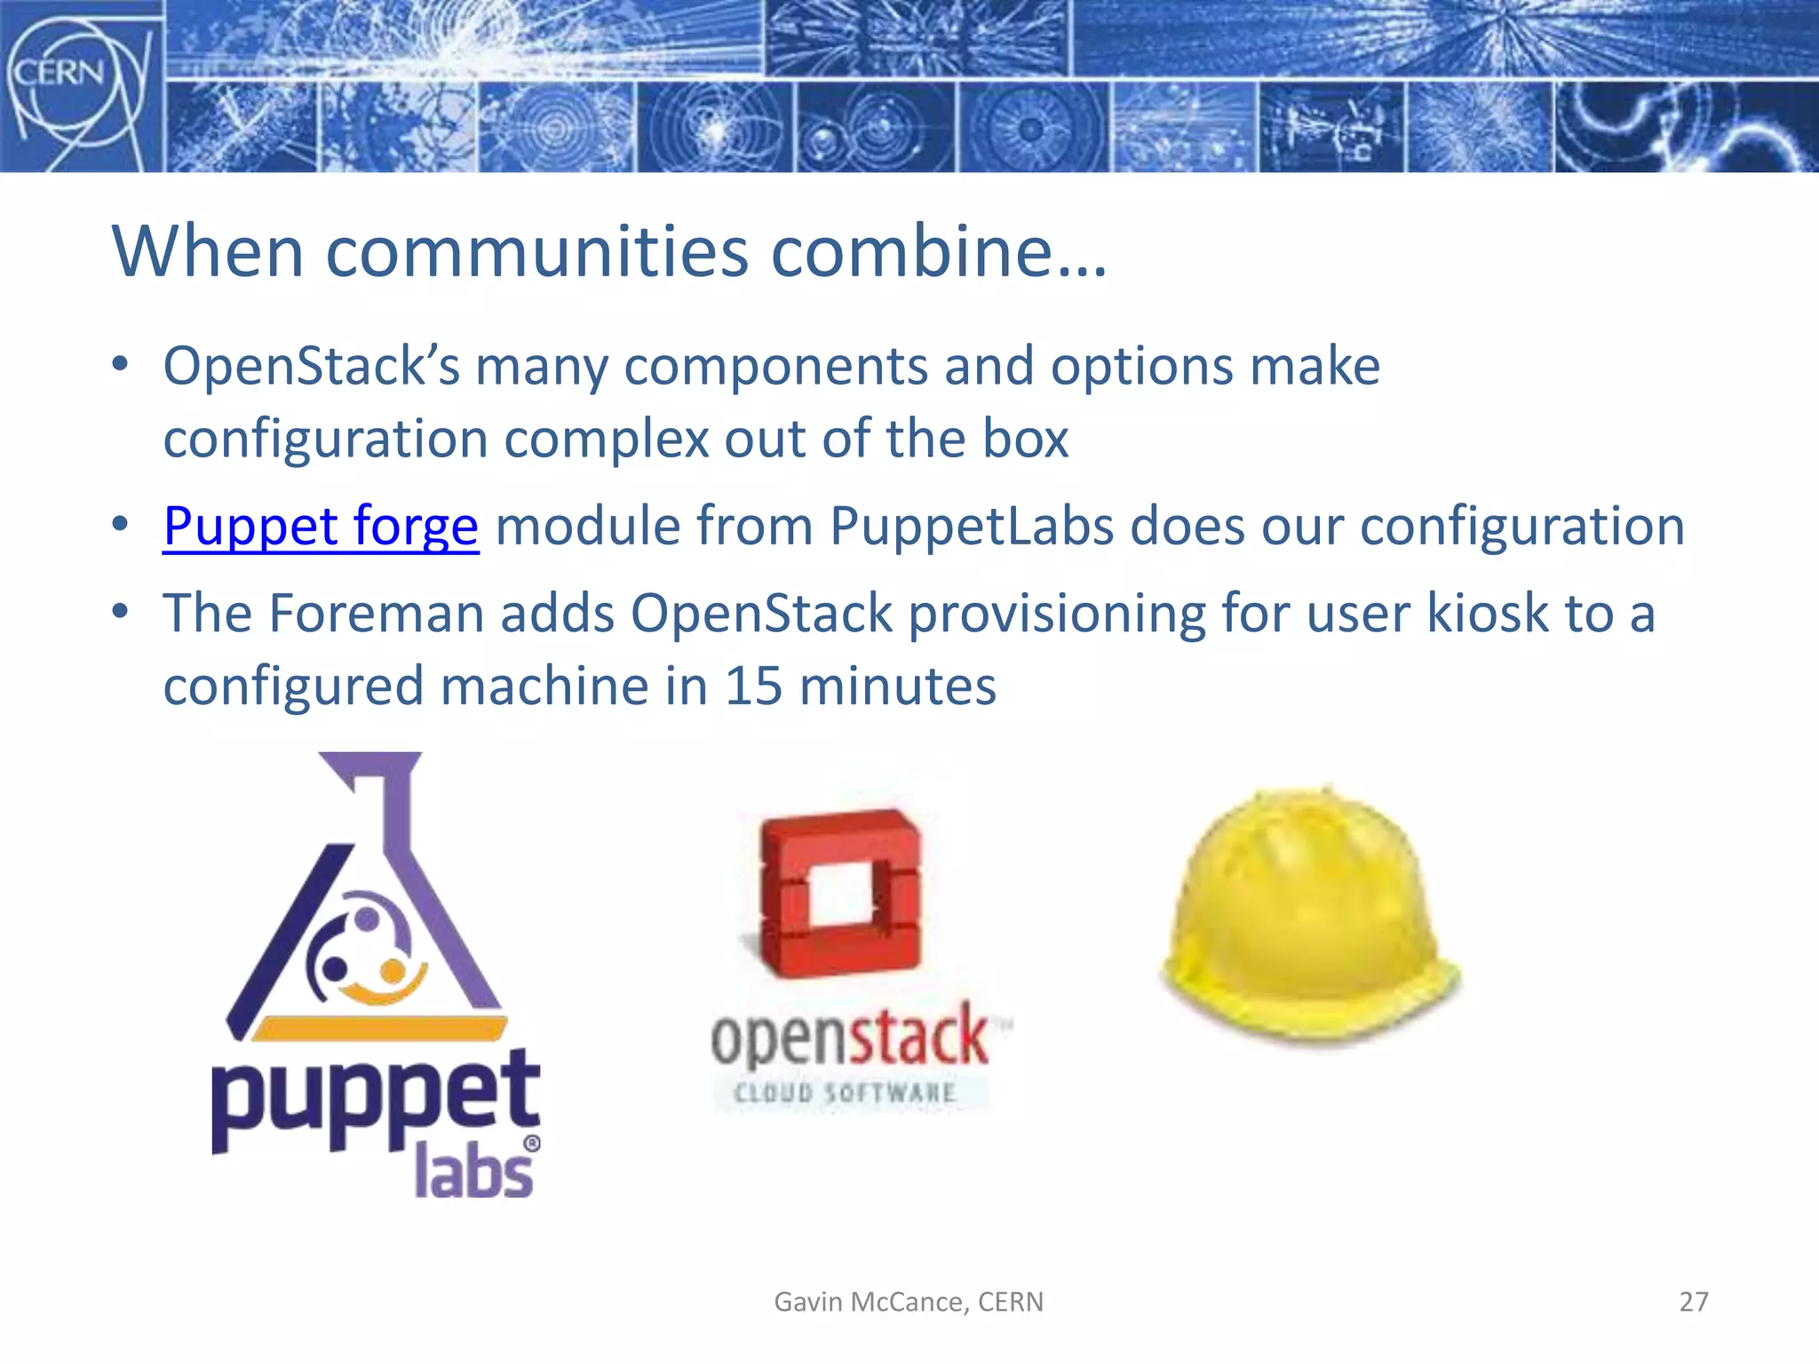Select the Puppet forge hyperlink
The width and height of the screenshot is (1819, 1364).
pyautogui.click(x=321, y=526)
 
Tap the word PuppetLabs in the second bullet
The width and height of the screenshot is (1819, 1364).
pyautogui.click(x=972, y=526)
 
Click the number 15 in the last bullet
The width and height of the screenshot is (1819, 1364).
pyautogui.click(x=753, y=686)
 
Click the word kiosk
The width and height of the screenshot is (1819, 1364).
pyautogui.click(x=1488, y=614)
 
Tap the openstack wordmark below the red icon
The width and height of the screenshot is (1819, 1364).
pyautogui.click(x=850, y=1037)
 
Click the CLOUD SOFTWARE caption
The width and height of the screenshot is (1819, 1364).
pyautogui.click(x=845, y=1092)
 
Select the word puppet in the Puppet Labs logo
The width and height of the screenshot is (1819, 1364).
pyautogui.click(x=375, y=1101)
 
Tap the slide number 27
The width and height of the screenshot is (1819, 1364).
pyautogui.click(x=1693, y=1302)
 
